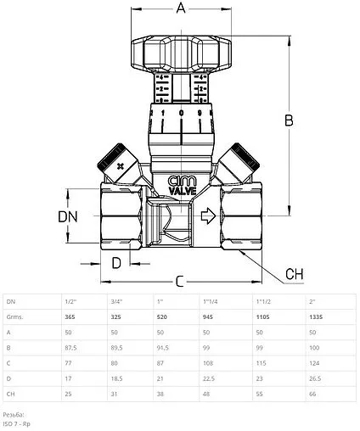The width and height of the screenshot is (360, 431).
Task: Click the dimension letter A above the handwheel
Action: (x=180, y=10)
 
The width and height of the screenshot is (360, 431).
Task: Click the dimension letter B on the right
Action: (x=289, y=120)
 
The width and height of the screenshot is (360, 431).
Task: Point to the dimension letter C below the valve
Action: (x=180, y=280)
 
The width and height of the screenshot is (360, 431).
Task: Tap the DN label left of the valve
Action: (x=70, y=217)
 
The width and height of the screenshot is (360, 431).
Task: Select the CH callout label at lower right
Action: (x=294, y=273)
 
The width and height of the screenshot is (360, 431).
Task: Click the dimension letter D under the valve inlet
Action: (x=117, y=261)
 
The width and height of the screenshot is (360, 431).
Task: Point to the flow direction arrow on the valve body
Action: (x=205, y=219)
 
